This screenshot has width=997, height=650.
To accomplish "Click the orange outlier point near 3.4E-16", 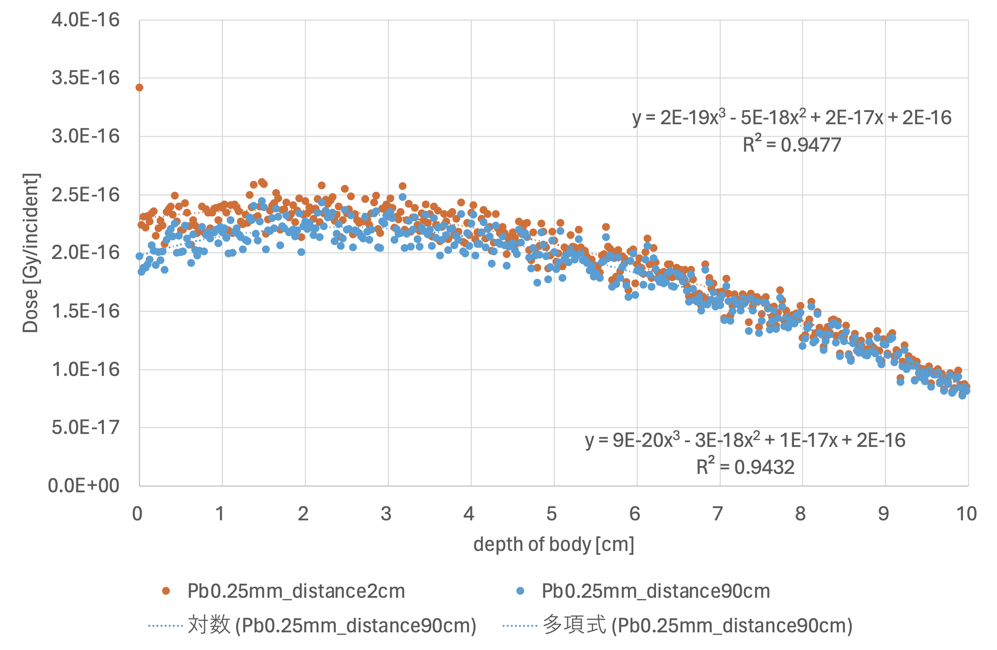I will click(x=139, y=88).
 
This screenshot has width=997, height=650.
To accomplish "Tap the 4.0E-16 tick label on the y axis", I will click(x=85, y=20).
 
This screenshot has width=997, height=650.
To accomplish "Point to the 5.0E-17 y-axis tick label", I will click(x=85, y=427).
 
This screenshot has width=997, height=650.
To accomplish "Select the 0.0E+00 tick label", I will click(x=84, y=486).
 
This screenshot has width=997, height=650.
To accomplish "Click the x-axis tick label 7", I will click(x=718, y=514).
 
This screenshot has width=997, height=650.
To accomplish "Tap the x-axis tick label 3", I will click(x=386, y=514).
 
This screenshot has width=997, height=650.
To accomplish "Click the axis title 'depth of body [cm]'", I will click(x=554, y=544).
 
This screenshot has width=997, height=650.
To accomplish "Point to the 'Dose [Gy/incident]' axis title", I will click(x=31, y=253).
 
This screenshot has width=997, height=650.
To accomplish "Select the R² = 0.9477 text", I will click(x=792, y=144).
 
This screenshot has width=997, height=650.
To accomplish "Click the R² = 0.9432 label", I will click(x=745, y=467).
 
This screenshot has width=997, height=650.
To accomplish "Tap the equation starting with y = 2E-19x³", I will click(x=792, y=118).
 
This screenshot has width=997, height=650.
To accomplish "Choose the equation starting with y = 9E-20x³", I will click(x=745, y=440).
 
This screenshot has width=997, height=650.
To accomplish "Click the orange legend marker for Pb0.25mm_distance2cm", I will click(x=166, y=591).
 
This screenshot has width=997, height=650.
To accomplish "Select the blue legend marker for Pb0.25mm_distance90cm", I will click(x=520, y=591).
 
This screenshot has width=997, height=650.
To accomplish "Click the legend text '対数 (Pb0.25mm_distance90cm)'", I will click(x=332, y=625).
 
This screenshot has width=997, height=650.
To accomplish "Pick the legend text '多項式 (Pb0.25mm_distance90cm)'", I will click(x=697, y=625).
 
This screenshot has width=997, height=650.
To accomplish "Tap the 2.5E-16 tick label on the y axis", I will click(x=85, y=195).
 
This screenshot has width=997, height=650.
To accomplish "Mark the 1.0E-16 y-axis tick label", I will click(x=85, y=369).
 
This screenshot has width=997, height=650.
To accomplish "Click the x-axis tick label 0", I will click(x=138, y=514).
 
